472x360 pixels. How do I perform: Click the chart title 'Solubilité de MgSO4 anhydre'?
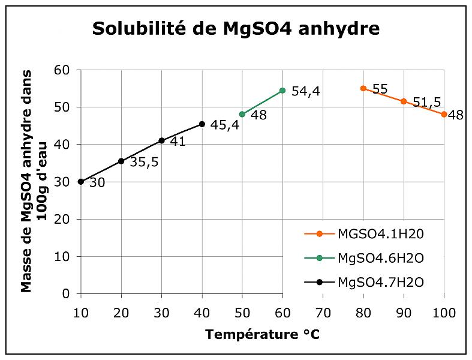(x=236, y=29)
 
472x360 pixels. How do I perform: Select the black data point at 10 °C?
(x=81, y=181)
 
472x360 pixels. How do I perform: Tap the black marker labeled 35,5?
(x=121, y=161)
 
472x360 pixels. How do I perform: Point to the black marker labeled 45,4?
(x=202, y=124)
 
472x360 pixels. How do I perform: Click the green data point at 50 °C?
(x=242, y=114)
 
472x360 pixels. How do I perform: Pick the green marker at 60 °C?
(x=282, y=91)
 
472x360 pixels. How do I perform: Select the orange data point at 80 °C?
(x=363, y=88)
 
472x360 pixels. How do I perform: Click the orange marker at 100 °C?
(x=444, y=114)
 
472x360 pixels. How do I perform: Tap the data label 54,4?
(x=306, y=92)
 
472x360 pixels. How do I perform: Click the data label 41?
(x=178, y=142)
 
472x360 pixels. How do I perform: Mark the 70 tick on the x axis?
(x=323, y=312)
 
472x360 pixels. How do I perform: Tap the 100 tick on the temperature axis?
(x=444, y=312)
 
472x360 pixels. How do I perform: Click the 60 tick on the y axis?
(x=62, y=70)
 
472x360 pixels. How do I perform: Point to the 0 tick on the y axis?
(x=67, y=293)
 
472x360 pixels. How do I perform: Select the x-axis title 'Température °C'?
(x=262, y=335)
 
